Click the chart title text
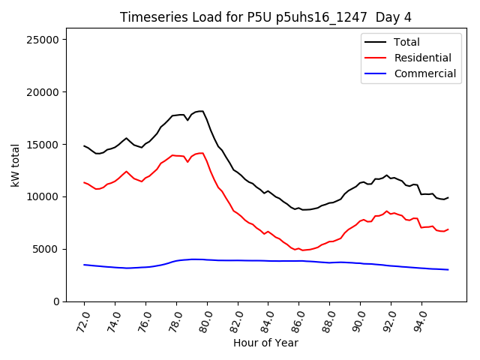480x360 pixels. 265,17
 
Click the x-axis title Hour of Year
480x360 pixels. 265,343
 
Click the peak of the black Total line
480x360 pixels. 202,111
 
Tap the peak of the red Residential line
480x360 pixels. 202,153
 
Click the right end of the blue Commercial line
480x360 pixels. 448,269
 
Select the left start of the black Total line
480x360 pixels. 84,145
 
